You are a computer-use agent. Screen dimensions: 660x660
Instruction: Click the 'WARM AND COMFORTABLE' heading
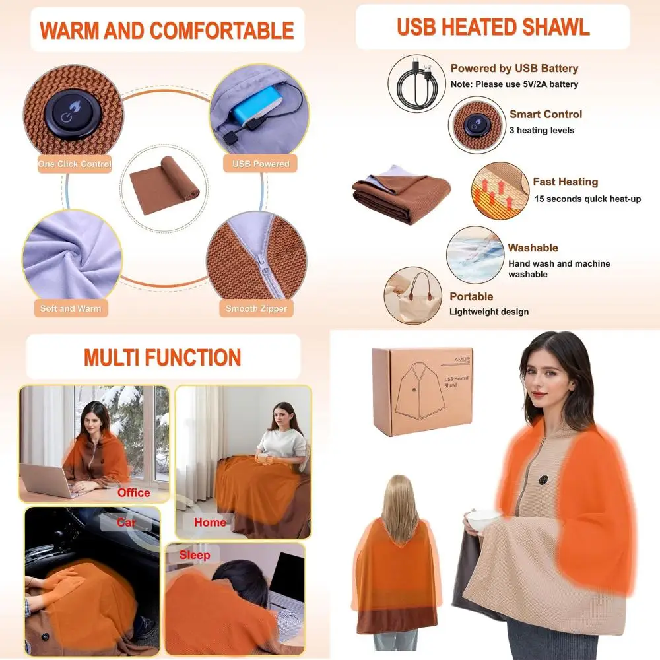[166, 30]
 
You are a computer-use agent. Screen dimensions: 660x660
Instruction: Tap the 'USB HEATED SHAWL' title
[493, 27]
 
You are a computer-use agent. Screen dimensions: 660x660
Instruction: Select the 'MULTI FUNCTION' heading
[162, 357]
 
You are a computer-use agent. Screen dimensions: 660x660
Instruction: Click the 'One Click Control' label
[75, 164]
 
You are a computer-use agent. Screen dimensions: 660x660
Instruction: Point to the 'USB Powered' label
[261, 164]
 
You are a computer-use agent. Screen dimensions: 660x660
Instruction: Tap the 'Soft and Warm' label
[71, 308]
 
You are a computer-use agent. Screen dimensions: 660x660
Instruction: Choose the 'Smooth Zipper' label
[256, 308]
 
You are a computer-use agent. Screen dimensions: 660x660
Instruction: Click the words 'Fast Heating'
[566, 181]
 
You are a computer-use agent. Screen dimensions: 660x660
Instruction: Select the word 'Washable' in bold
[533, 248]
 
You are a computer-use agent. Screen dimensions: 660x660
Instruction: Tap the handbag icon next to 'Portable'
[413, 294]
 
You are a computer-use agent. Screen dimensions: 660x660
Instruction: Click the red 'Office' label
[133, 492]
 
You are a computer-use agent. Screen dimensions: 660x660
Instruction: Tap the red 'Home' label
[210, 522]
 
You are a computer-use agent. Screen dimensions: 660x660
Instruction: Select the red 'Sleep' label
[195, 555]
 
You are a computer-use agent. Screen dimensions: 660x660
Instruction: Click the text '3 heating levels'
[542, 130]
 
